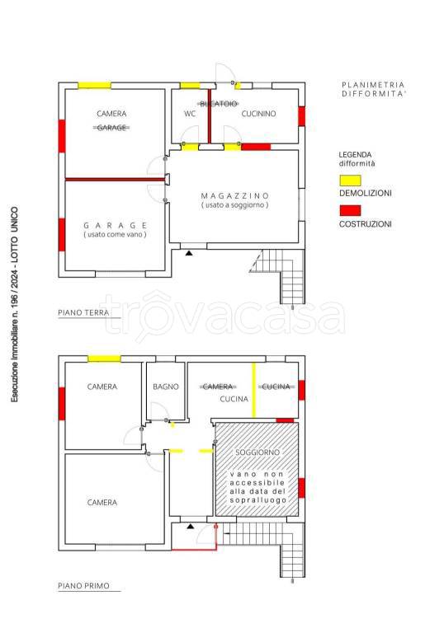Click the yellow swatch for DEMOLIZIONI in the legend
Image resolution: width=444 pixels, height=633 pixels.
coord(350,181)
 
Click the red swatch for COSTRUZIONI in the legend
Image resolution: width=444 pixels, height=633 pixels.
coord(350,211)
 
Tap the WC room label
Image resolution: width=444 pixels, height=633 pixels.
coord(190,114)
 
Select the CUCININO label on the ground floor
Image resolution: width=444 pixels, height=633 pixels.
coord(258,114)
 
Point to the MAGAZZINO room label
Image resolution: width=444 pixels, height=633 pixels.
coord(235,196)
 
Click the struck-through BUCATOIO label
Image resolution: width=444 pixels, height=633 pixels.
coord(219,104)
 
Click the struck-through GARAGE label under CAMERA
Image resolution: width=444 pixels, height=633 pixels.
coord(111,128)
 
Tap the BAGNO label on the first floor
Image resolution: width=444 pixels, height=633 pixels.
coord(166,387)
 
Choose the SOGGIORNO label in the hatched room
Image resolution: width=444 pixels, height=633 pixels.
coord(257,452)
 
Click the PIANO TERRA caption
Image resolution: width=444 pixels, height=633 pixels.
coord(83,312)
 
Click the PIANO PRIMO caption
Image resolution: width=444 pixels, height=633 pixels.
coord(83,586)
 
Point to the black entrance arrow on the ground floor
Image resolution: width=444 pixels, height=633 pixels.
coord(189,253)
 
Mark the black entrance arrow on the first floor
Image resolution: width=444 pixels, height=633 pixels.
coord(191,527)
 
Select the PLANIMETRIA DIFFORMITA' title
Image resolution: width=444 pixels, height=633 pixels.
coord(373,89)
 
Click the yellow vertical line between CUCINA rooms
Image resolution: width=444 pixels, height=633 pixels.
coord(254,390)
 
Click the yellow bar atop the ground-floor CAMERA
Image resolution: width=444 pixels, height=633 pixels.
coord(95,86)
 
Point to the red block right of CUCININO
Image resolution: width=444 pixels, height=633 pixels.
coord(302,116)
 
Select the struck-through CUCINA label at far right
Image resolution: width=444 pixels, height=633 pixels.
coord(276,387)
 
